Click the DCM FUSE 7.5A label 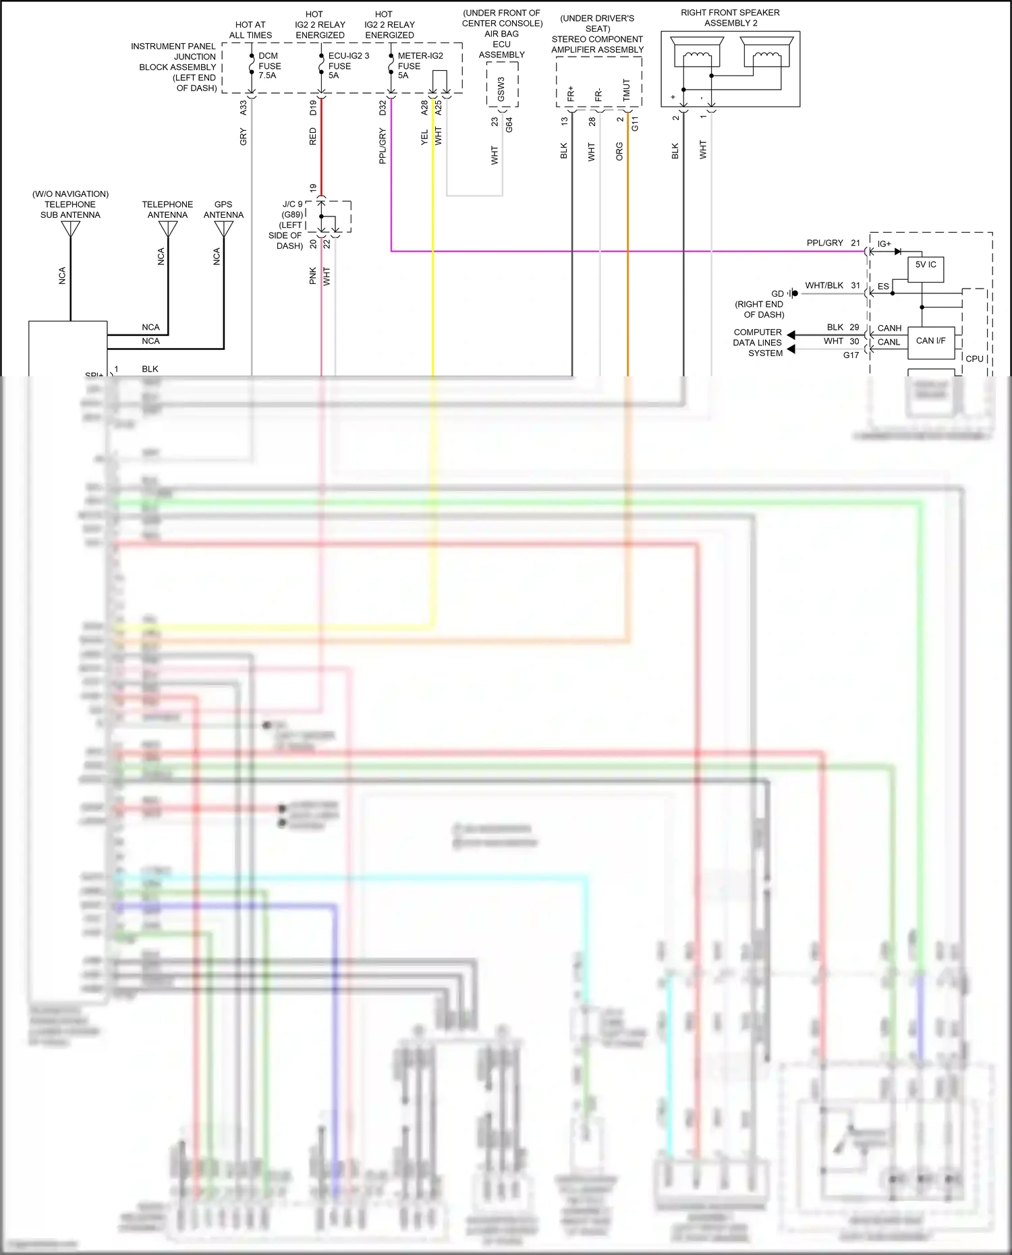click(269, 65)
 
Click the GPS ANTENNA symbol click(223, 229)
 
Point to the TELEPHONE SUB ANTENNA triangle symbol click(70, 229)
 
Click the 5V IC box click(925, 269)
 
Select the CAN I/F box click(930, 341)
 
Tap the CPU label click(974, 359)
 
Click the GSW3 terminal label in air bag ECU click(501, 88)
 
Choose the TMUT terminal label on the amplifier click(626, 90)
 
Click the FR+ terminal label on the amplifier click(571, 94)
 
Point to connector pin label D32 click(383, 107)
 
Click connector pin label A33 click(244, 107)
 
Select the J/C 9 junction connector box click(335, 216)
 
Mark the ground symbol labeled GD click(793, 293)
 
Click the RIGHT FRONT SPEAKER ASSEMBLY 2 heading click(730, 18)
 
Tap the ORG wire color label click(619, 151)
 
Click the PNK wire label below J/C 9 click(313, 275)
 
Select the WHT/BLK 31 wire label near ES click(832, 286)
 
